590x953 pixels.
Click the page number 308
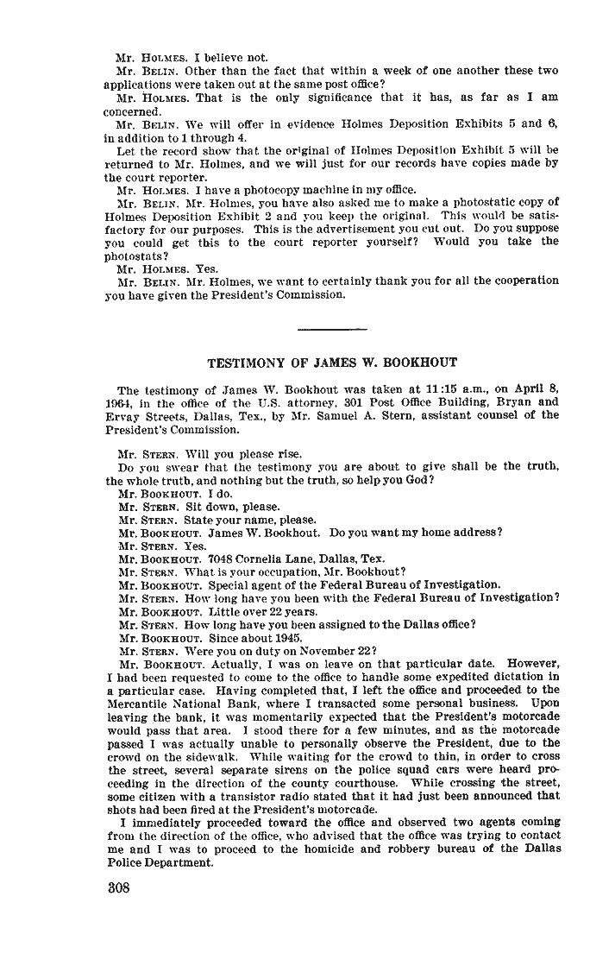[119, 890]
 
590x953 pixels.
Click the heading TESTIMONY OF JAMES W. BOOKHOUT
[332, 363]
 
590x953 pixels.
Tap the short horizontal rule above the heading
[332, 327]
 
